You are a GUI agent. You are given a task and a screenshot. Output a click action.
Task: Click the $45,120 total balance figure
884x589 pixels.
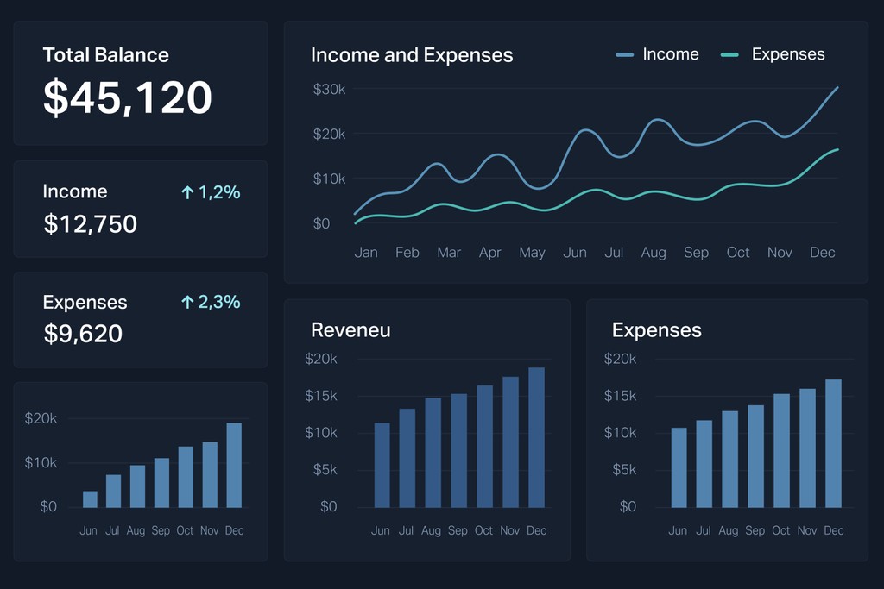coord(128,97)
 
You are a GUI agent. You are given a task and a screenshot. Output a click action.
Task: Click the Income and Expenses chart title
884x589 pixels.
coord(412,55)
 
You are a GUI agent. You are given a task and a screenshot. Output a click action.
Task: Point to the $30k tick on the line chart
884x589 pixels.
coord(329,89)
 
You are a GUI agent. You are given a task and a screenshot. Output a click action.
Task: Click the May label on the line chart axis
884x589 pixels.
coord(532,253)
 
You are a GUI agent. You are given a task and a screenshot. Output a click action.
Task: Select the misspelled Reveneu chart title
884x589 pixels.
coord(350,329)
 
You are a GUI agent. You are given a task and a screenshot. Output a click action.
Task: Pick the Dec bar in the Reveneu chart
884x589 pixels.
coord(537,437)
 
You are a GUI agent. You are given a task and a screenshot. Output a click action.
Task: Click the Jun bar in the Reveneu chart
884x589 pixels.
coord(382,465)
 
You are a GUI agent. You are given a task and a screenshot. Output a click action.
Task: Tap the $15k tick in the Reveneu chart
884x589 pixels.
coord(321,396)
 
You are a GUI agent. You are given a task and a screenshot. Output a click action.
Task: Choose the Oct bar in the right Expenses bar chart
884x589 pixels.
coord(781,450)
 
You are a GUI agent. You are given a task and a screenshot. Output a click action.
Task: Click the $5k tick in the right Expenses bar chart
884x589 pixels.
coord(620,469)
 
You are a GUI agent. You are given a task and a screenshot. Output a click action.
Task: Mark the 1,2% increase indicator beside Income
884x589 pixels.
coord(211,192)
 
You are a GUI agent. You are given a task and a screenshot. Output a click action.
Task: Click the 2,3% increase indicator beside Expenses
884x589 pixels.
coord(211,302)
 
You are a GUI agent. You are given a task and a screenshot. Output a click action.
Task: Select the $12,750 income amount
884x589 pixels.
coord(91,224)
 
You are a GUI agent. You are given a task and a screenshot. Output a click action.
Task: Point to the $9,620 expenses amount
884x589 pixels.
coord(84,333)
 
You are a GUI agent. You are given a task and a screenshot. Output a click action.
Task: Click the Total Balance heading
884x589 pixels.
coord(106,55)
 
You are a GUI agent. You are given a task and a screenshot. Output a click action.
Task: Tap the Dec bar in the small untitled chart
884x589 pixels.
coord(234,465)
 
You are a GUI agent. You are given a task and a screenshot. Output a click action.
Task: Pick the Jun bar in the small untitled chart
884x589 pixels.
coord(90,498)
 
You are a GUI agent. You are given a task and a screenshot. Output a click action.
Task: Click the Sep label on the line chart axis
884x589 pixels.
coord(696,253)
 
